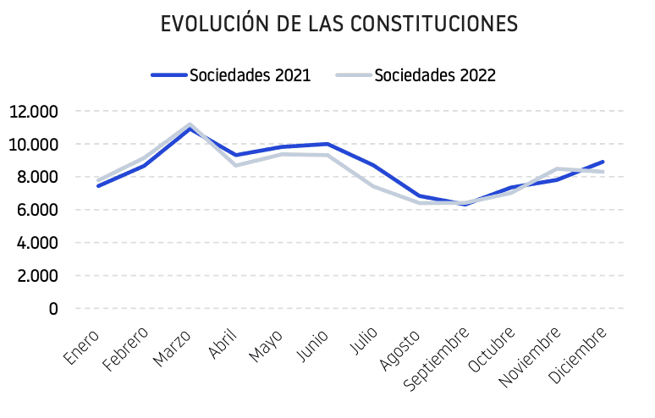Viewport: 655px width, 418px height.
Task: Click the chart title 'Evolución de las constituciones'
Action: [339, 25]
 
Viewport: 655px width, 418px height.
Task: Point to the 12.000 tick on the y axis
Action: [34, 112]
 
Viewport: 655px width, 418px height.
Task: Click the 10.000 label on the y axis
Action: [34, 145]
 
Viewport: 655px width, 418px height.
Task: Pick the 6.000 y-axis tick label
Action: [37, 210]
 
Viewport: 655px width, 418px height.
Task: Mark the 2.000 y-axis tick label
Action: [37, 276]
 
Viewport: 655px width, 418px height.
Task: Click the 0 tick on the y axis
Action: [53, 309]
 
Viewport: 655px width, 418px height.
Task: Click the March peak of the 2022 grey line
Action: [190, 124]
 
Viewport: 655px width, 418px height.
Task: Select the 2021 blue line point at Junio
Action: [327, 144]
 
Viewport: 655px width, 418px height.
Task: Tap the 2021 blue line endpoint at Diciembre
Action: [603, 162]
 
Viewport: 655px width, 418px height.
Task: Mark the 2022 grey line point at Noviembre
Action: [557, 168]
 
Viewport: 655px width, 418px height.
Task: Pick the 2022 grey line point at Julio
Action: [373, 185]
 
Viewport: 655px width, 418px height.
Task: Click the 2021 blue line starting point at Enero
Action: [98, 185]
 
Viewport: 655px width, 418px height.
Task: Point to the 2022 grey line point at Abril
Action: [235, 165]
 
